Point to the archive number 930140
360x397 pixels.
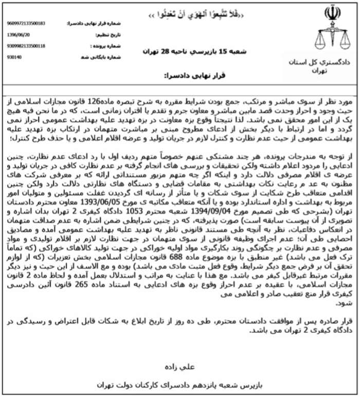pos(15,57)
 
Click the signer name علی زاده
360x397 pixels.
pos(186,366)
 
